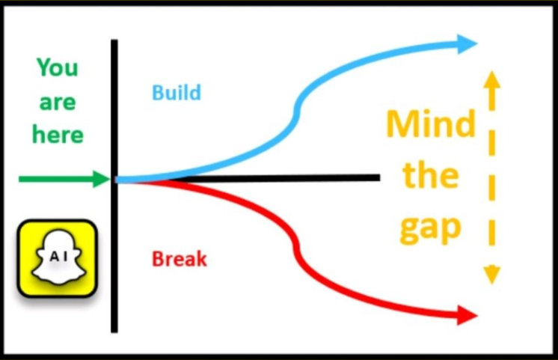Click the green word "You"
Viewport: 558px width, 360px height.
coord(58,68)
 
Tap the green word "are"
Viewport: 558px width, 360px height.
coord(58,102)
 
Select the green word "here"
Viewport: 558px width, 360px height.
coord(58,135)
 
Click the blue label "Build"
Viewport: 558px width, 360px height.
coord(177,93)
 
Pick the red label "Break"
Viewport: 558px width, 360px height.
coord(180,260)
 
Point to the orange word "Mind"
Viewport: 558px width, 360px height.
coord(430,124)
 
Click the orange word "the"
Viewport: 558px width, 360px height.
coord(430,176)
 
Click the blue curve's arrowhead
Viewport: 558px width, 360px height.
coord(467,43)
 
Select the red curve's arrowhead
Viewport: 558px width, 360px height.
coord(467,314)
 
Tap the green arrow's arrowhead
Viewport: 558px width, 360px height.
coord(102,179)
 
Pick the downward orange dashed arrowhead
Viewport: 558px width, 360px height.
coord(491,275)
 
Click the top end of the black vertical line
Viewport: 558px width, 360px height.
coord(114,42)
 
